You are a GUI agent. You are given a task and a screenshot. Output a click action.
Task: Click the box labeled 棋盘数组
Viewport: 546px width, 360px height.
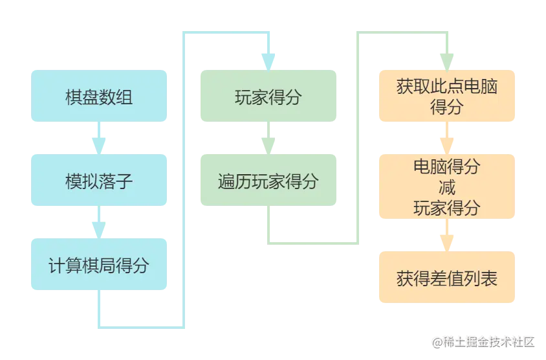[100, 96]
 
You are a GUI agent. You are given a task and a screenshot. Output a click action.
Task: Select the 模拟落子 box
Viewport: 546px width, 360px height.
[100, 181]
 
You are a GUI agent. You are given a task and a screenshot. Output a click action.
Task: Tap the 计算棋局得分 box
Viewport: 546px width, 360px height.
[100, 265]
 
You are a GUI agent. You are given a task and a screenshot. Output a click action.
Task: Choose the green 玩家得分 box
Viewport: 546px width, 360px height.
[267, 96]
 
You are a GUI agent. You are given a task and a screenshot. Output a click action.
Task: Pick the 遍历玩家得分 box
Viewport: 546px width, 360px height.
[267, 181]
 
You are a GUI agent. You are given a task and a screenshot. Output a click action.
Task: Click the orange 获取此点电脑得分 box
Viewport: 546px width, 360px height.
[447, 96]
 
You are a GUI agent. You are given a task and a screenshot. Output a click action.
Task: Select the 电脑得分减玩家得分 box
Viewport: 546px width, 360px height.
[447, 188]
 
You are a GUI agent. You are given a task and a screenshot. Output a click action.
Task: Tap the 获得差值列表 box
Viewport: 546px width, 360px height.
[447, 278]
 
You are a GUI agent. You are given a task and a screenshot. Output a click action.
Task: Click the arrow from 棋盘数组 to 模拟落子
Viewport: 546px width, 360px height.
[100, 139]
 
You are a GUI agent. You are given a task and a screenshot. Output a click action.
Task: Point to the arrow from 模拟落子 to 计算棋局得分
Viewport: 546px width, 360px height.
[100, 223]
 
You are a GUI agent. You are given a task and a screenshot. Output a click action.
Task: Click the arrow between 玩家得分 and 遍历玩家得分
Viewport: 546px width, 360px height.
[267, 139]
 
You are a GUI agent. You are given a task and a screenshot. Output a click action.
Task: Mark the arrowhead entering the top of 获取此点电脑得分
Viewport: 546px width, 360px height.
[447, 60]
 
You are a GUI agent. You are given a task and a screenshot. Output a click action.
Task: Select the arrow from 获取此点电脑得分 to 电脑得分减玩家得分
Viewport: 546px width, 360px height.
[447, 139]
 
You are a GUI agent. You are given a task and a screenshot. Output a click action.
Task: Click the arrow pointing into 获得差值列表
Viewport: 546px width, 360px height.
[447, 238]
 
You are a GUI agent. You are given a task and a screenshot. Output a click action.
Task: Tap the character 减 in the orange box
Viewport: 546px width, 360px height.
[447, 188]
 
